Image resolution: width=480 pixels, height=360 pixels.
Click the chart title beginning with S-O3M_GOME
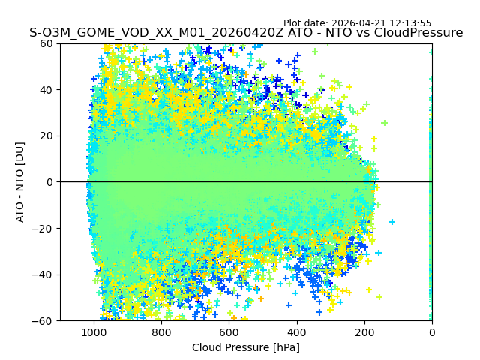click(246, 33)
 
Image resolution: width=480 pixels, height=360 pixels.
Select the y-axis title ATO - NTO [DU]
click(20, 182)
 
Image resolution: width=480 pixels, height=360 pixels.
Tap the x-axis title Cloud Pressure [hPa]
click(246, 347)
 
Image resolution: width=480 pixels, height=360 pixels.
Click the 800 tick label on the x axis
click(161, 331)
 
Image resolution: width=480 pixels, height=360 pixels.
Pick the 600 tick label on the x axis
click(229, 331)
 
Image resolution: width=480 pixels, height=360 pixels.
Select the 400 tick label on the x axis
click(296, 331)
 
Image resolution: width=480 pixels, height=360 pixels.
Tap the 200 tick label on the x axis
click(364, 331)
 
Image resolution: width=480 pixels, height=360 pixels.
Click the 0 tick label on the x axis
click(431, 331)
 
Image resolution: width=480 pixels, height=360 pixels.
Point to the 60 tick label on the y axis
click(46, 43)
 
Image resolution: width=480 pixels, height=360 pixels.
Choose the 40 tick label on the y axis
click(46, 90)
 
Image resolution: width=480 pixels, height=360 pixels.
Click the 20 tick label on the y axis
click(46, 136)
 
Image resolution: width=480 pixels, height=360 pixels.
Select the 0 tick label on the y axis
click(49, 182)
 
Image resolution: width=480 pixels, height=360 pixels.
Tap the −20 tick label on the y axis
click(43, 229)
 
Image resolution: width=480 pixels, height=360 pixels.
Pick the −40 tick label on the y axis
click(43, 274)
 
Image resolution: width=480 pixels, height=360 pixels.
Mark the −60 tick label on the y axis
click(43, 321)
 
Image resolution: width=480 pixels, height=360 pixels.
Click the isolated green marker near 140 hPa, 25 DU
click(384, 123)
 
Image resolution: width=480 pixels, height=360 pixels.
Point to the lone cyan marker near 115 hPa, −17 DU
click(392, 222)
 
